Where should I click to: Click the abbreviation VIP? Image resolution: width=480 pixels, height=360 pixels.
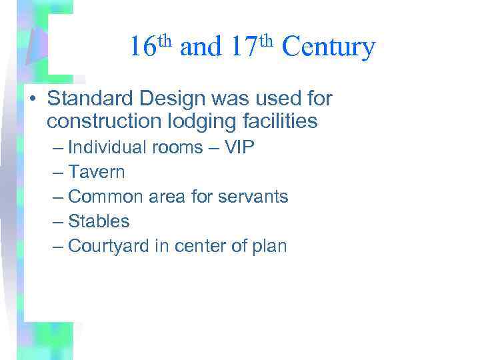point(240,147)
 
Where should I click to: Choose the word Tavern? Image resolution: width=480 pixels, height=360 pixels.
point(97,172)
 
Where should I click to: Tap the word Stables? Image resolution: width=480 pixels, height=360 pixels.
point(99,221)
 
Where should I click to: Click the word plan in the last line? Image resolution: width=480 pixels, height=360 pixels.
point(270,247)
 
